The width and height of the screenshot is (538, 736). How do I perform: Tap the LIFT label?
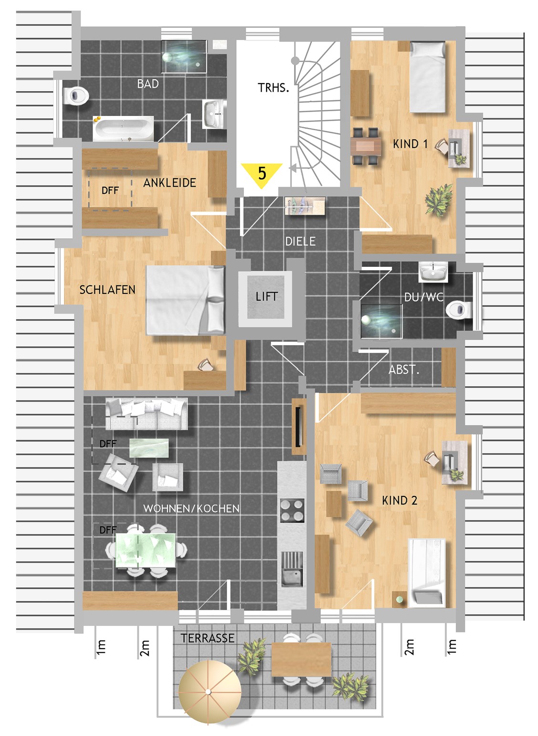266,297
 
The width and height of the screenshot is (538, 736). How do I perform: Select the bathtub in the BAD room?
123,128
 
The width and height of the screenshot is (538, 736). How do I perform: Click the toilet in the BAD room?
76,95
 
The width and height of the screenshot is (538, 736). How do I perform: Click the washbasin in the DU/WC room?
433,272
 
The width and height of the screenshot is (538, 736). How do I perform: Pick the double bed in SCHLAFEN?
186,300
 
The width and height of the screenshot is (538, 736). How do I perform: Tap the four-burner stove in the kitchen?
292,510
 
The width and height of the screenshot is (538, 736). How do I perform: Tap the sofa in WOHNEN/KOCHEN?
146,414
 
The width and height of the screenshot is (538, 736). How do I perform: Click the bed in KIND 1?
427,76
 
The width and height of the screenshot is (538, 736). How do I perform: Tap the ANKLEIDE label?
169,183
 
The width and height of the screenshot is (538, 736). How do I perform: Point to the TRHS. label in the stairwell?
273,88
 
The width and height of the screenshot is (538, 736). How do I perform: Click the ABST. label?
404,370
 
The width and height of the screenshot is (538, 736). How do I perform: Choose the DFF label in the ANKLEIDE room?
110,190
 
